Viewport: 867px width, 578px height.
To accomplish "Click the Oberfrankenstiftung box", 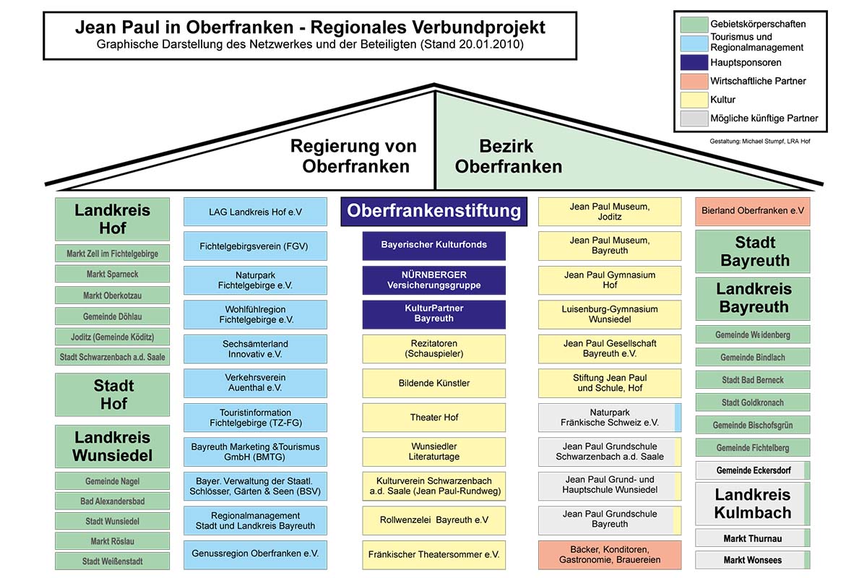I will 433,211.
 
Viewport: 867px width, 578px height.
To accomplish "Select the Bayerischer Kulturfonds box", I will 433,245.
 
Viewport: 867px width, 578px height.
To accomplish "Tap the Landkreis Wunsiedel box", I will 113,447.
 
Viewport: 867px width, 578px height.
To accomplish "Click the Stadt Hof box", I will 113,394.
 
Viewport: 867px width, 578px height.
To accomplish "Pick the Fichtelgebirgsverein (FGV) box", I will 254,246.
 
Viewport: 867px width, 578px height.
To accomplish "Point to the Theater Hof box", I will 434,418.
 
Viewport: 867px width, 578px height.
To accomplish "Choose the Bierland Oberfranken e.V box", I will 752,211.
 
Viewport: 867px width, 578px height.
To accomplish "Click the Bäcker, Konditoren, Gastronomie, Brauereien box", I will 609,555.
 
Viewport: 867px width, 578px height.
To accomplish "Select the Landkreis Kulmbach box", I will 752,504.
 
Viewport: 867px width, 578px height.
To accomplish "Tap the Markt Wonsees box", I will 752,560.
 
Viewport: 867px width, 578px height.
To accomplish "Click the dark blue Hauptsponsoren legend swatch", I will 693,63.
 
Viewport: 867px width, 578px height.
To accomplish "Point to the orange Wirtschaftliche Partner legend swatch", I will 693,81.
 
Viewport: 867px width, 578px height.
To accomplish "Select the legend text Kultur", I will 722,100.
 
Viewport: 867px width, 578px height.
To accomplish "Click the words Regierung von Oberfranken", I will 353,156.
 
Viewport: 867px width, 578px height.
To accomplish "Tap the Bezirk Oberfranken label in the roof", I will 509,156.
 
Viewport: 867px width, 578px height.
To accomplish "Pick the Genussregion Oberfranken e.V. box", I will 255,554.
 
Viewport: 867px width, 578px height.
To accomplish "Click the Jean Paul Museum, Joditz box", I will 609,212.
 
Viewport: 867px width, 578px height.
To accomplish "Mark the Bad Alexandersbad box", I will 112,501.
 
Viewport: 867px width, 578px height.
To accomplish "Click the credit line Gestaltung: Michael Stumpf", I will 759,141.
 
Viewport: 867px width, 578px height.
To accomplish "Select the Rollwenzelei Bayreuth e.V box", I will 434,520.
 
